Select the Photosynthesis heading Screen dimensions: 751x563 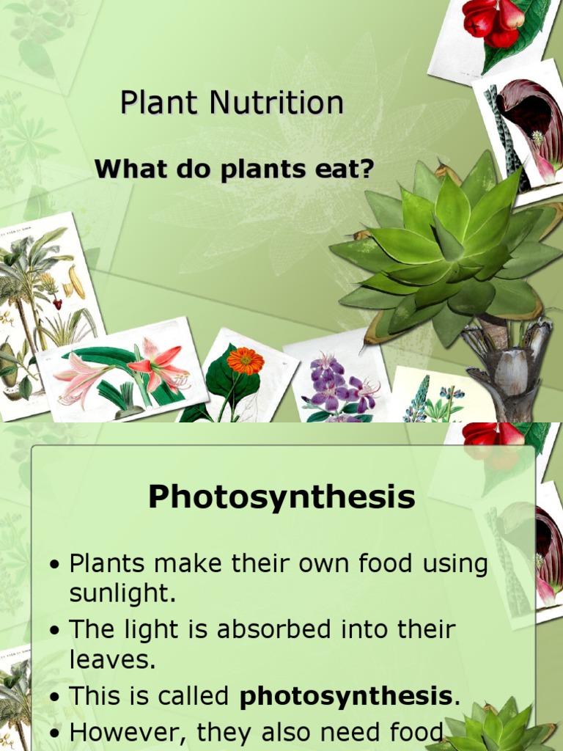[281, 497]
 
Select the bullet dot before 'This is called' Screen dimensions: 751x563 [54, 697]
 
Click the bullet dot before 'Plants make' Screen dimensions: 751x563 [54, 565]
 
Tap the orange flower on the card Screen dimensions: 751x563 [245, 360]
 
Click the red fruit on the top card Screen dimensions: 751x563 [493, 22]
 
